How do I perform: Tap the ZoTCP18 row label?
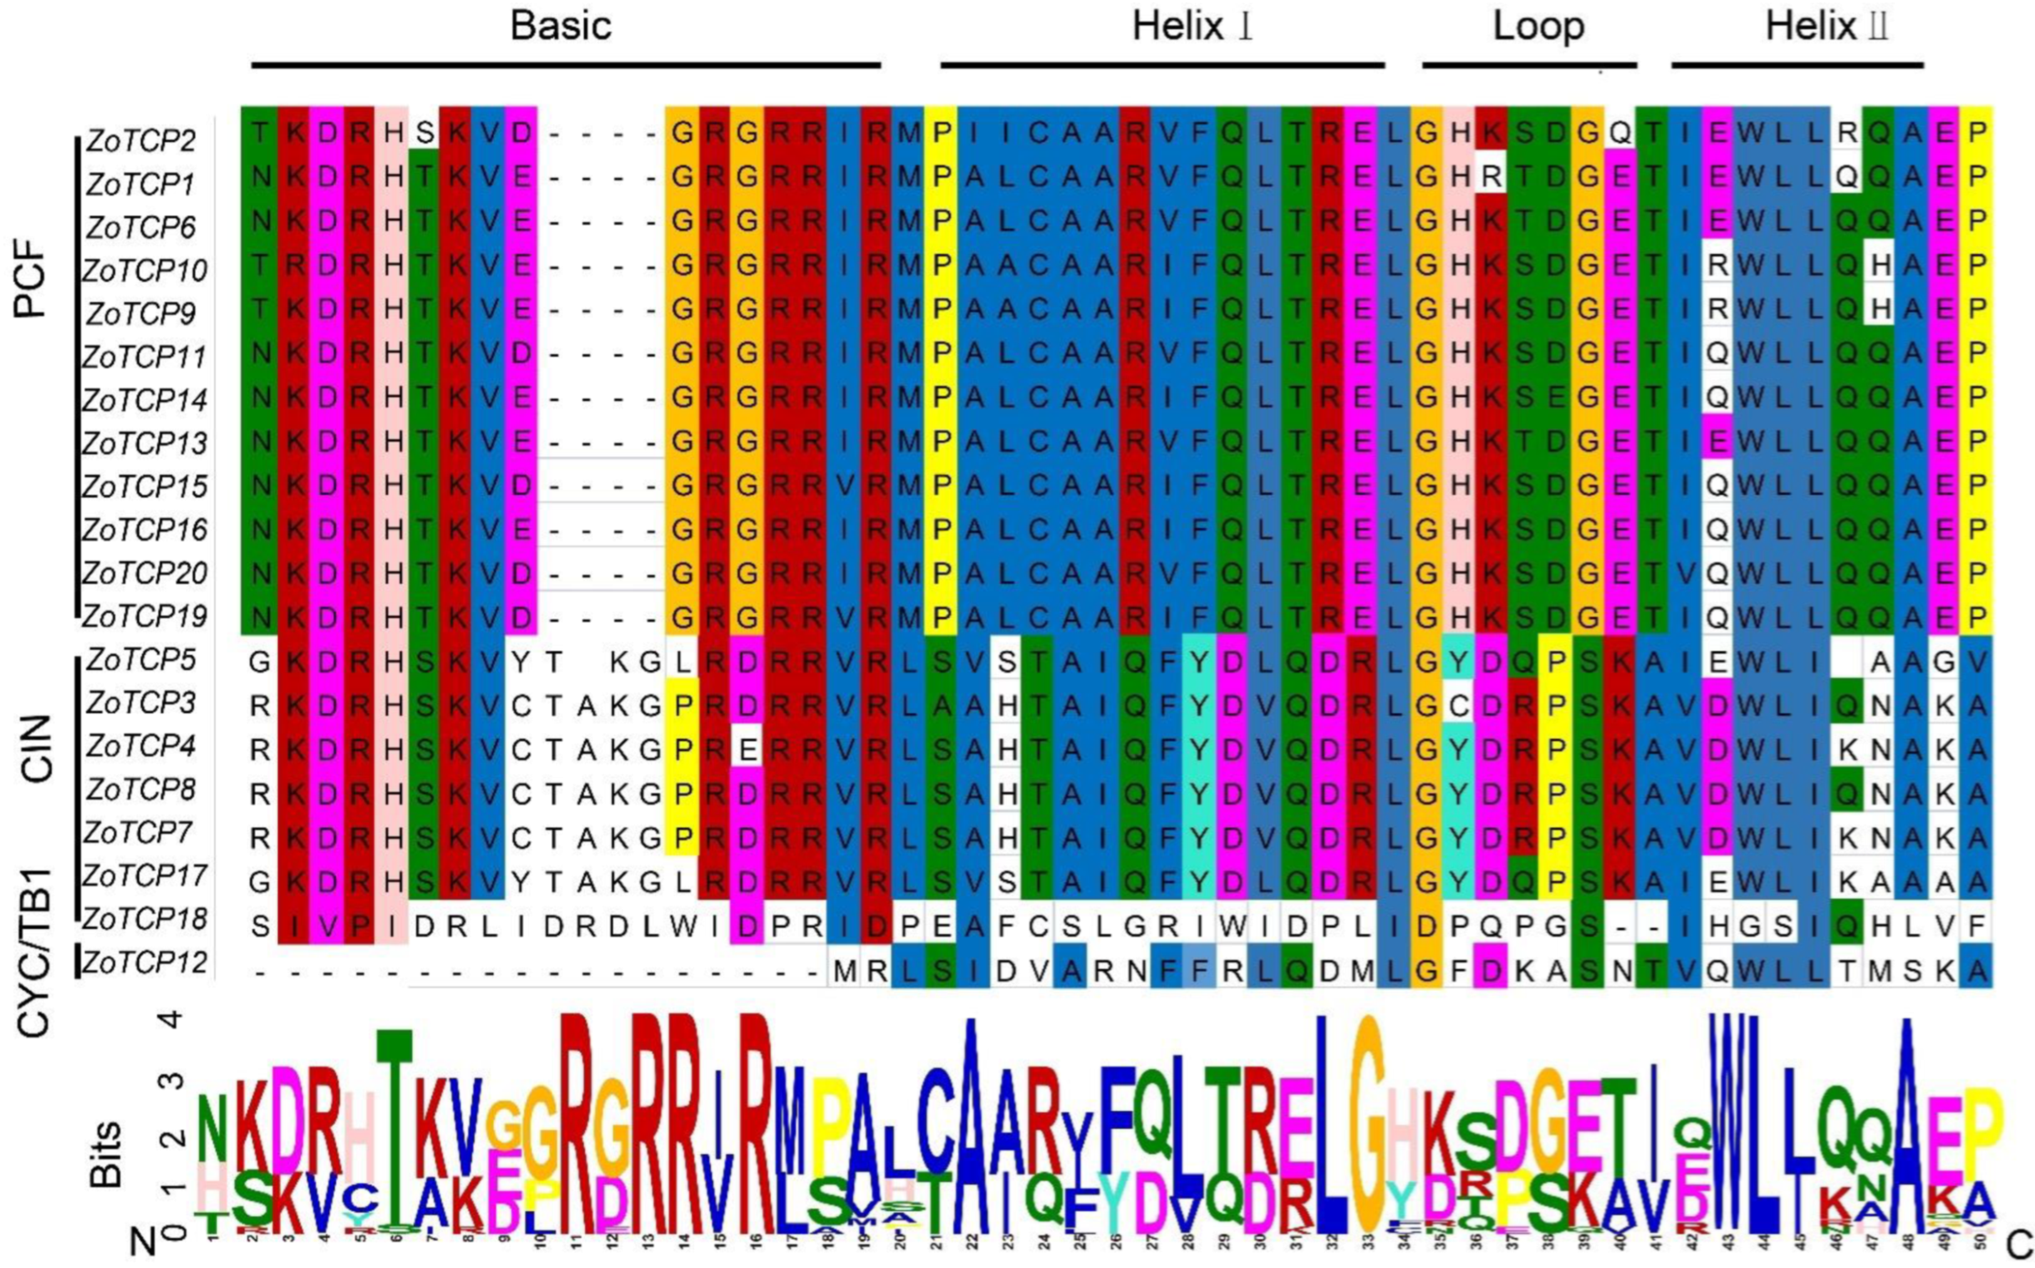[145, 920]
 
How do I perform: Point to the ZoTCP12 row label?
[145, 963]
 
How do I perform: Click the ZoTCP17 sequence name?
[145, 876]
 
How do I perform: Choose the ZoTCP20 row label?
[145, 574]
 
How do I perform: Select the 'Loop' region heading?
[1538, 27]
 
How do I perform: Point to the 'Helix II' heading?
[1825, 27]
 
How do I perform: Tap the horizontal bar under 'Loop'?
[1529, 64]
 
